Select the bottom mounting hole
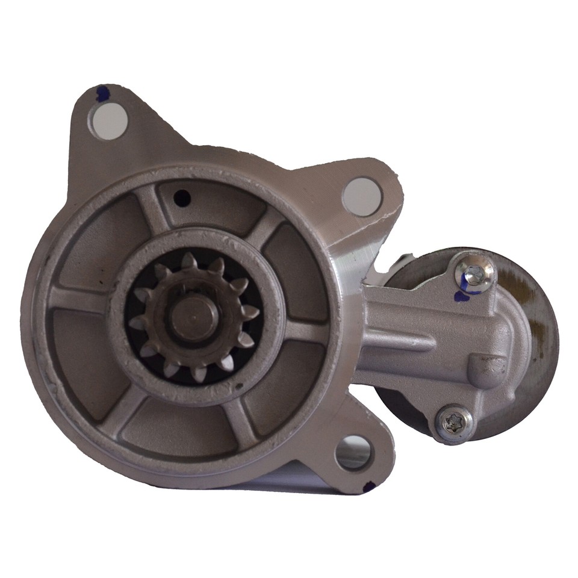(x=353, y=452)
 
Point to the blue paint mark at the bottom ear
(x=368, y=485)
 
